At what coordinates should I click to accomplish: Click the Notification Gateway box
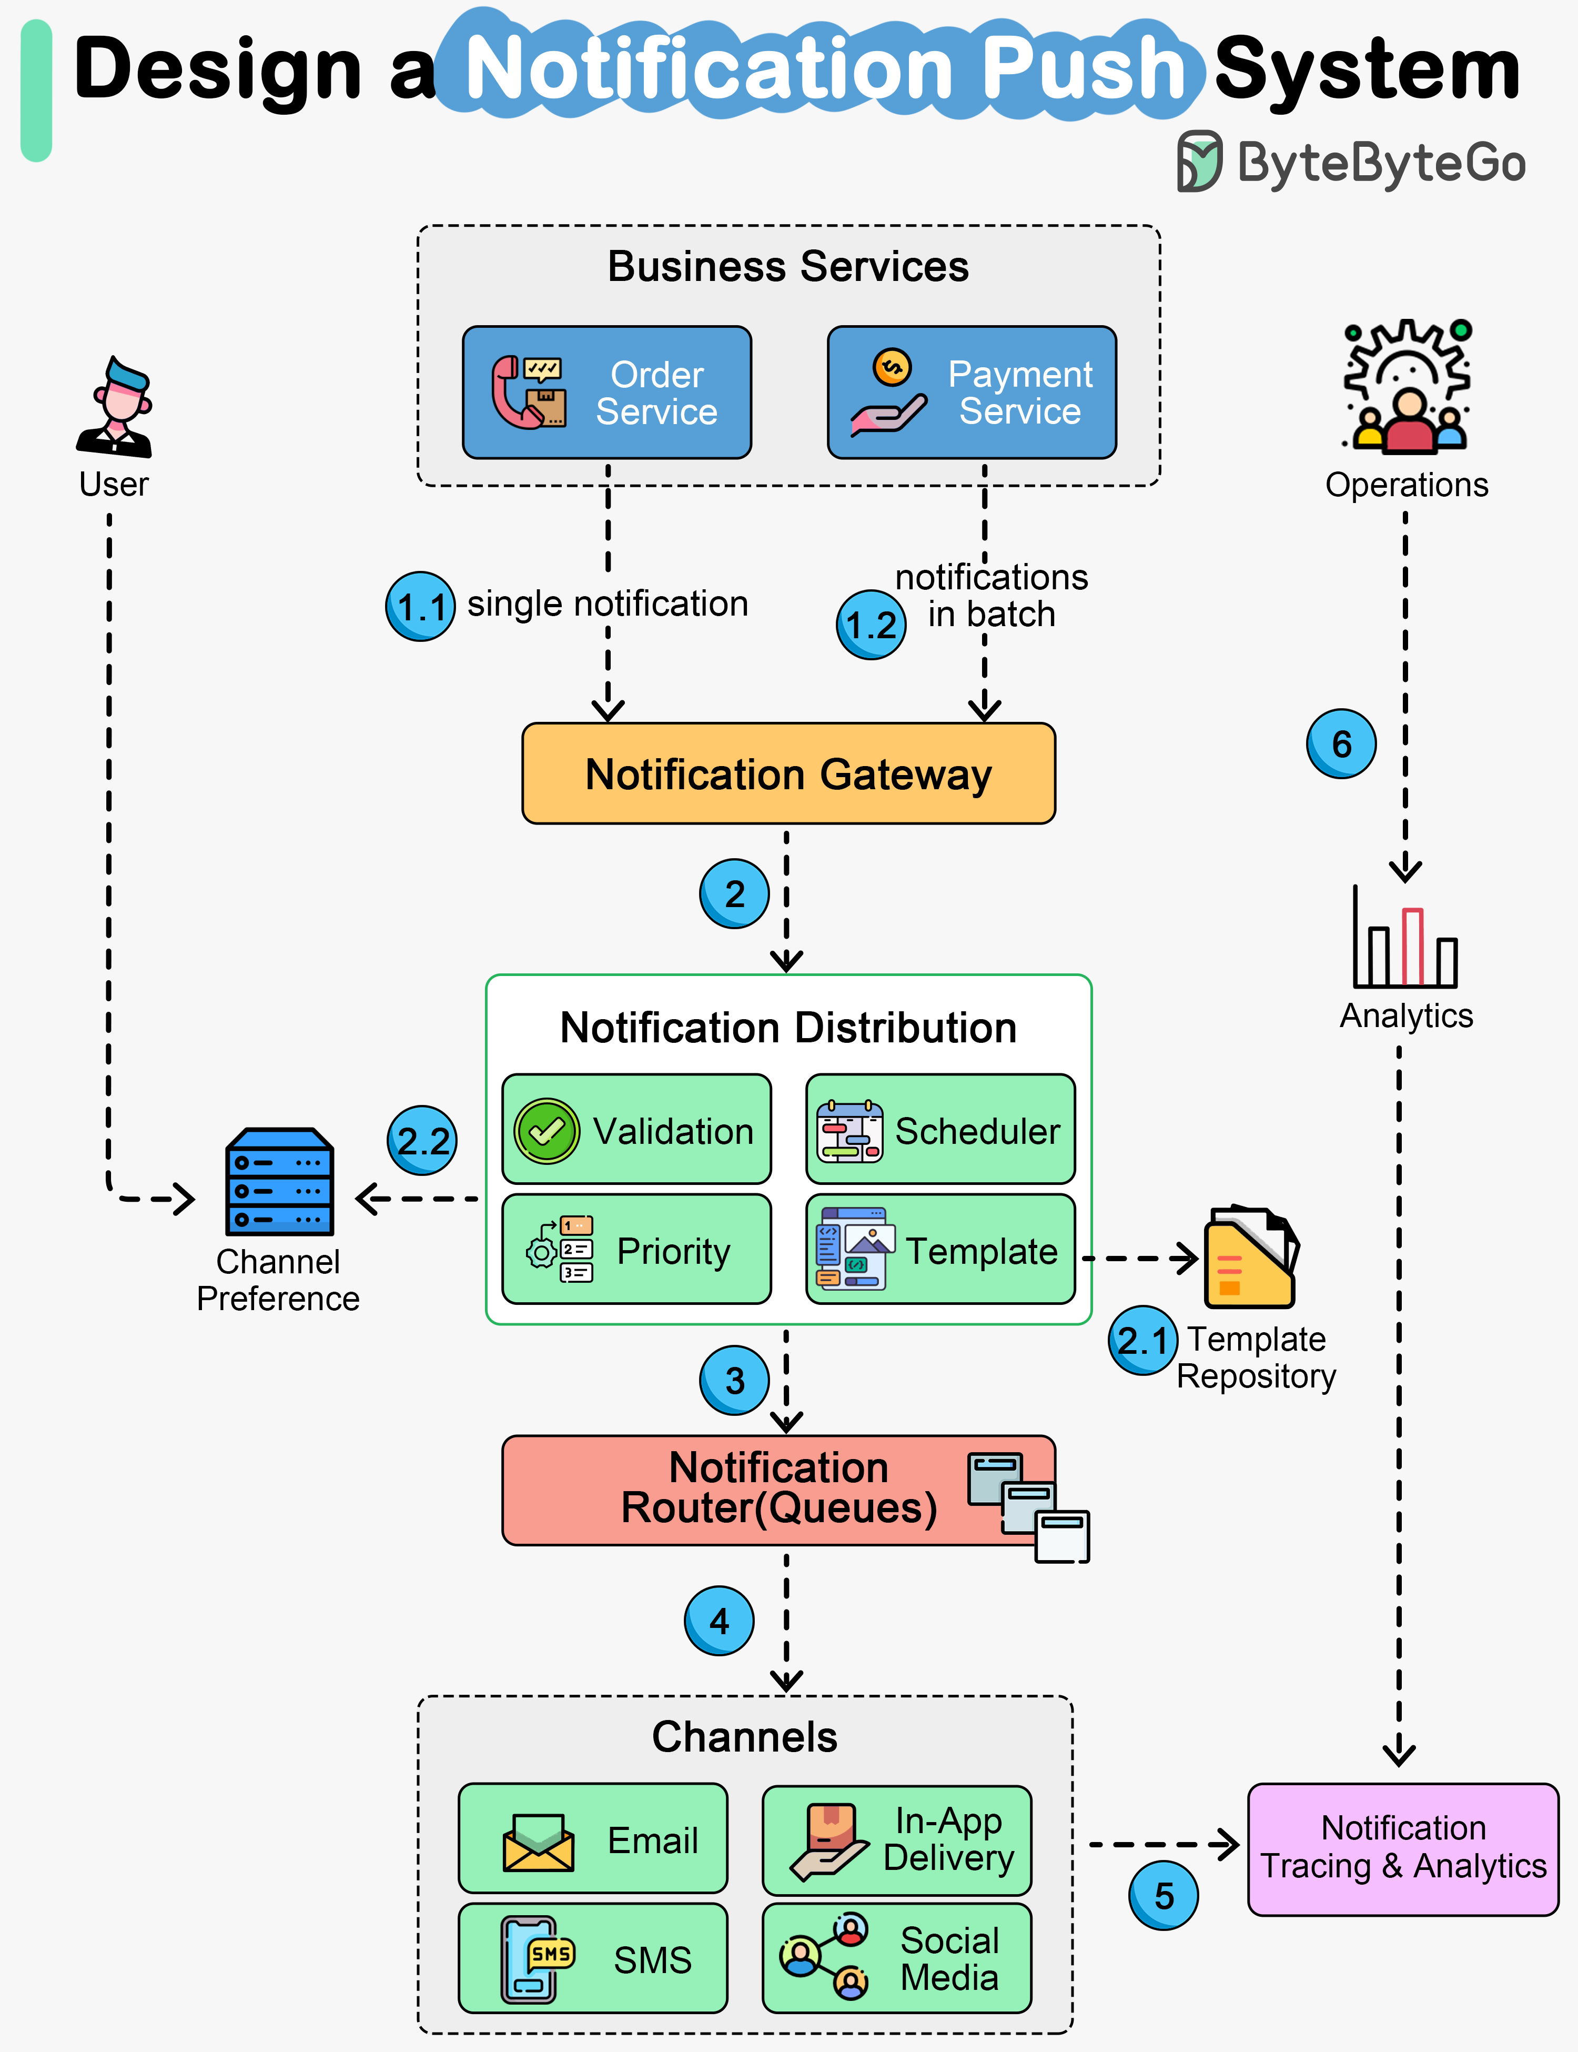tap(788, 773)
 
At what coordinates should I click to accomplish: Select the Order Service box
tap(607, 393)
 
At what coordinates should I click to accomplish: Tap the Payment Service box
tap(971, 393)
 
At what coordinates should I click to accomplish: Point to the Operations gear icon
tap(1406, 385)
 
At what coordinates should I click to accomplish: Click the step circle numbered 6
tap(1341, 744)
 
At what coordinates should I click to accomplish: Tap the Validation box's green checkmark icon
tap(547, 1130)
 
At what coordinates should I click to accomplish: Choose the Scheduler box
tap(940, 1129)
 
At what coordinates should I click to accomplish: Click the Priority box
tap(637, 1250)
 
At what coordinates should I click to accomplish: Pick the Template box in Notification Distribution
tap(940, 1250)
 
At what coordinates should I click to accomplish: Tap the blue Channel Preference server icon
tap(280, 1182)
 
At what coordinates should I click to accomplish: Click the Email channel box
tap(593, 1839)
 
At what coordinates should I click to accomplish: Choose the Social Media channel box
tap(896, 1959)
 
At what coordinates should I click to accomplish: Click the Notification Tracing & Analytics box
tap(1402, 1848)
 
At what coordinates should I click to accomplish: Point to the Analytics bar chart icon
tap(1404, 940)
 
